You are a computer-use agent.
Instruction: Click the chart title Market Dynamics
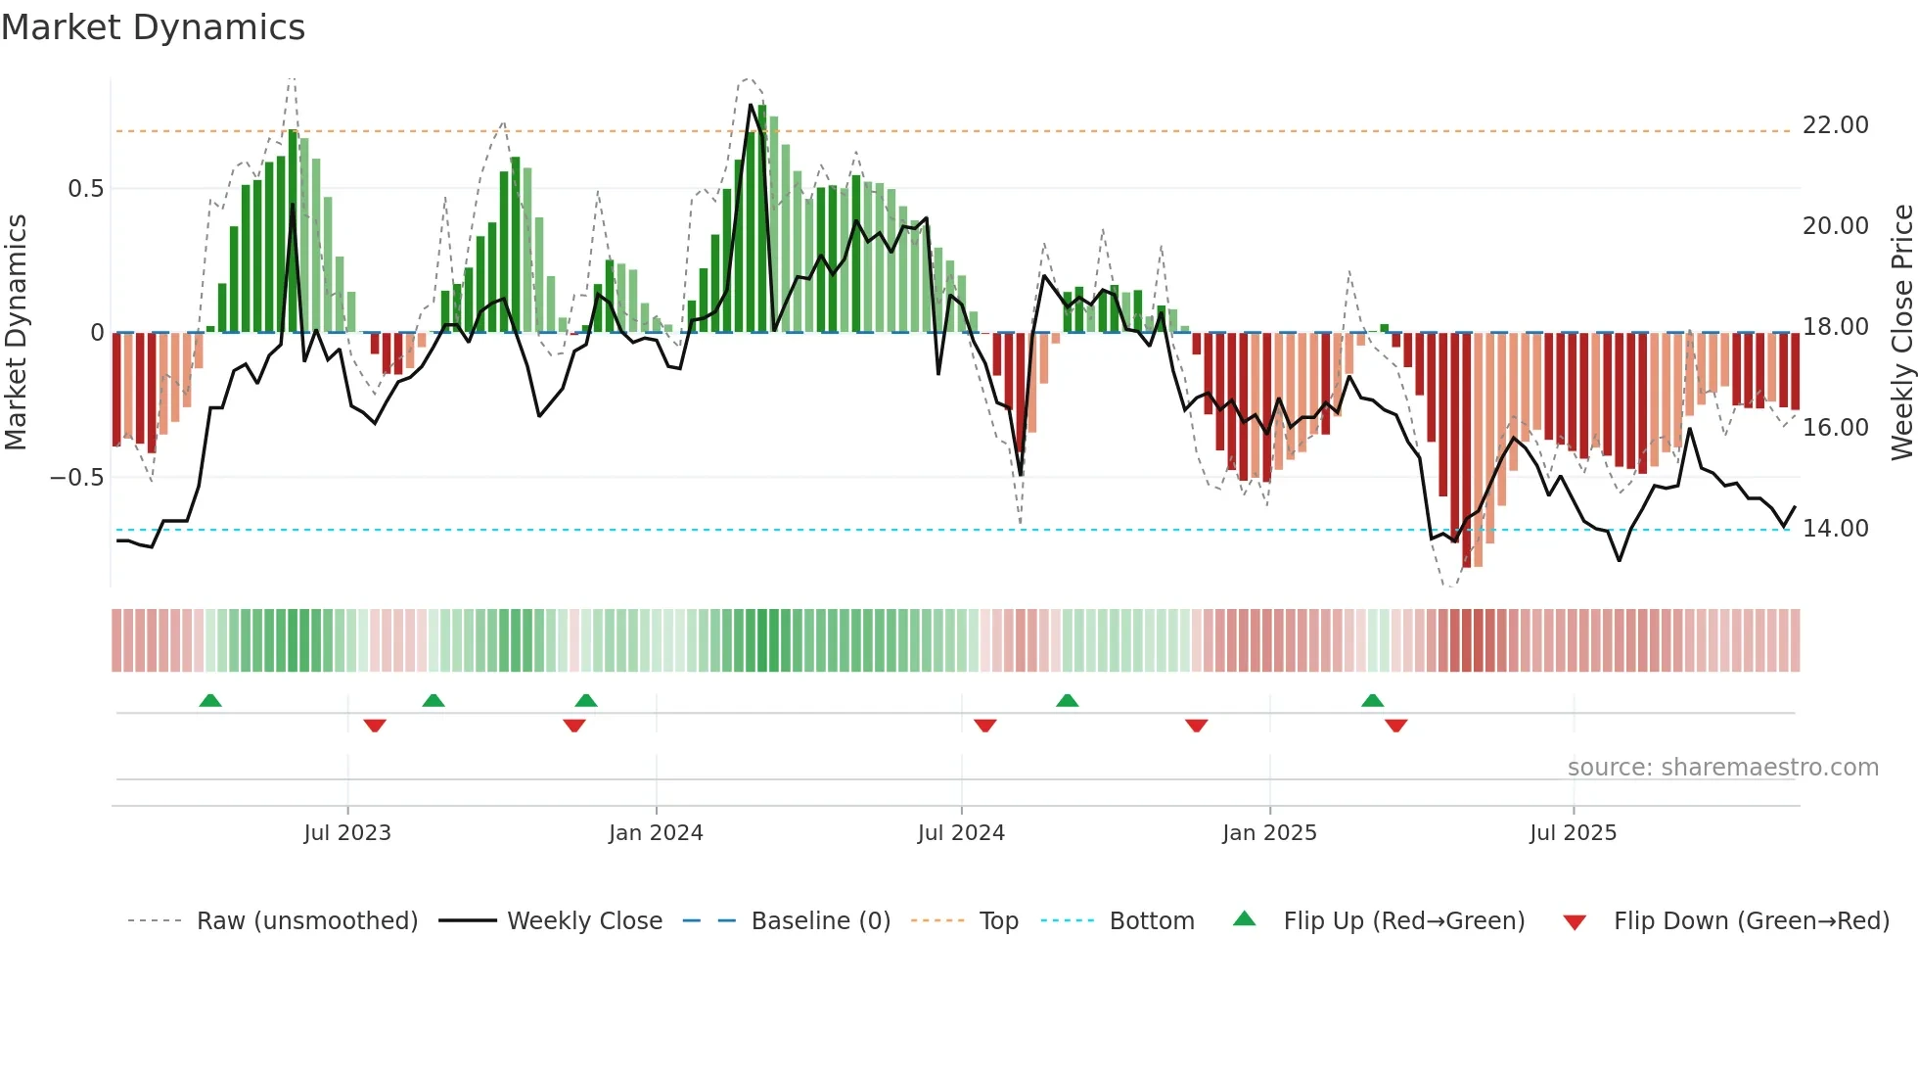(153, 27)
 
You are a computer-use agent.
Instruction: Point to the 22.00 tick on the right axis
(1835, 125)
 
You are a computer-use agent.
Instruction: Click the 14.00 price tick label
(1835, 529)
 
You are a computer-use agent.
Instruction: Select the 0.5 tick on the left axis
(85, 189)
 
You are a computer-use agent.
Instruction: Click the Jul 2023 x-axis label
(347, 833)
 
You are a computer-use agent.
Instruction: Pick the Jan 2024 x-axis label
(656, 833)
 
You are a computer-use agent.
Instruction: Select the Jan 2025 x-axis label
(1269, 833)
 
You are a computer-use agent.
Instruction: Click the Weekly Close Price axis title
(1901, 332)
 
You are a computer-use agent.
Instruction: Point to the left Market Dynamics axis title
(16, 332)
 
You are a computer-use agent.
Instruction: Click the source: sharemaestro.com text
(1722, 768)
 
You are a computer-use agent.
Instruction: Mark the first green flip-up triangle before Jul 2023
(210, 700)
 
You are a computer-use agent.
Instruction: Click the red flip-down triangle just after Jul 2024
(985, 726)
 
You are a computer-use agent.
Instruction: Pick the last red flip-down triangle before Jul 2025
(1396, 726)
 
